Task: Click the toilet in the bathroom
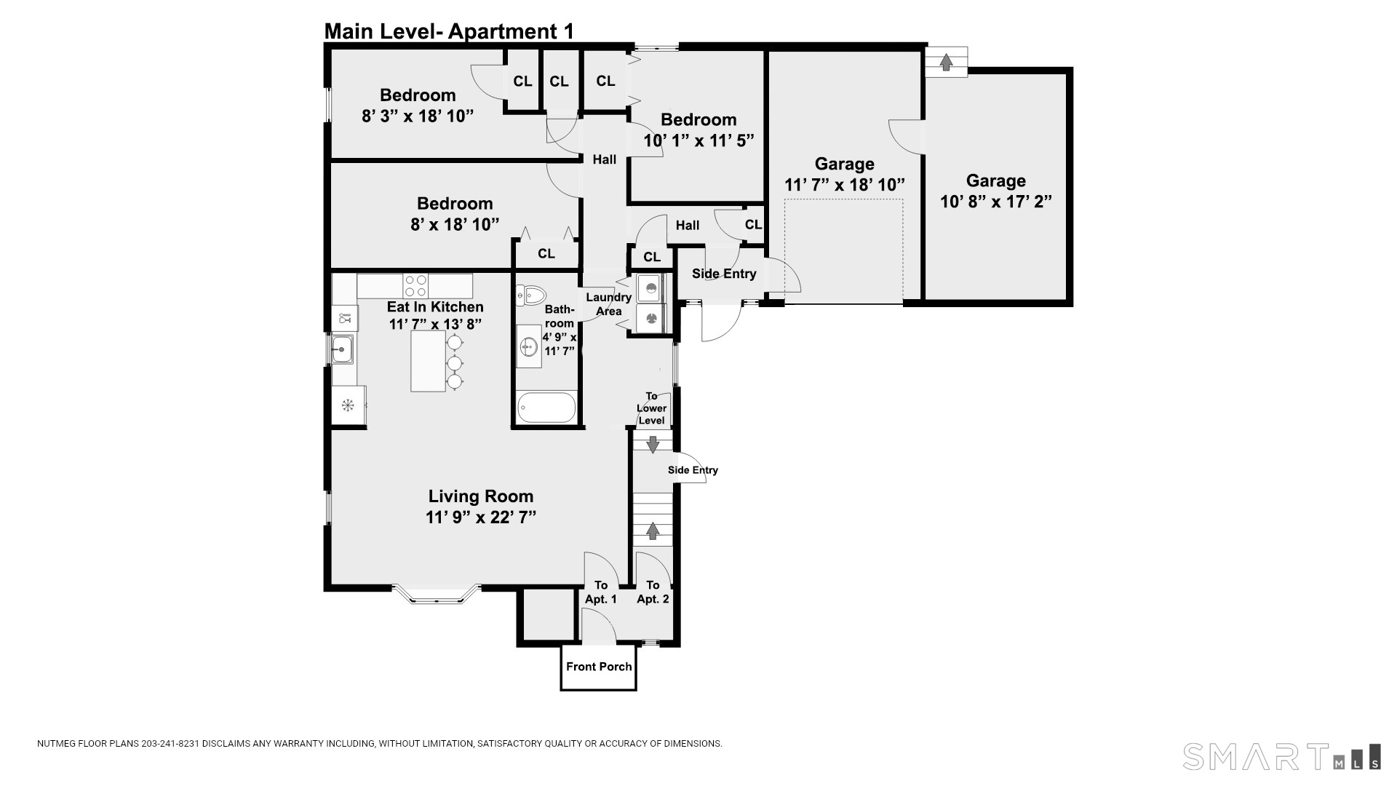pyautogui.click(x=532, y=295)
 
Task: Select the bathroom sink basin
pyautogui.click(x=529, y=347)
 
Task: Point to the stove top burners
pyautogui.click(x=415, y=285)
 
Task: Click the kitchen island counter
pyautogui.click(x=429, y=361)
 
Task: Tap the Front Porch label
pyautogui.click(x=599, y=667)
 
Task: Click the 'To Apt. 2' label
pyautogui.click(x=653, y=592)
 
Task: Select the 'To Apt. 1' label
pyautogui.click(x=601, y=592)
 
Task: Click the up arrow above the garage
pyautogui.click(x=946, y=62)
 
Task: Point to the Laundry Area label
pyautogui.click(x=609, y=304)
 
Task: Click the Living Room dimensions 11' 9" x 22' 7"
pyautogui.click(x=481, y=517)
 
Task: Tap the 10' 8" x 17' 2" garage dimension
pyautogui.click(x=996, y=202)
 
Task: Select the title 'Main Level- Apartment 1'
pyautogui.click(x=449, y=31)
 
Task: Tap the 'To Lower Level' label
pyautogui.click(x=651, y=408)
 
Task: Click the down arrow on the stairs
pyautogui.click(x=653, y=444)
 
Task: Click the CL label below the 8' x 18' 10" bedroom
pyautogui.click(x=546, y=253)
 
